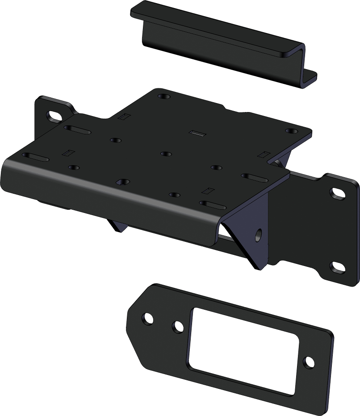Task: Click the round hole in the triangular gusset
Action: click(x=259, y=235)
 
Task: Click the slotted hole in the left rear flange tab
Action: click(x=54, y=116)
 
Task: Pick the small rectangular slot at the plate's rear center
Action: click(x=197, y=133)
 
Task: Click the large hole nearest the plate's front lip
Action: click(x=121, y=182)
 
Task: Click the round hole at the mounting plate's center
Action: click(x=166, y=154)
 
